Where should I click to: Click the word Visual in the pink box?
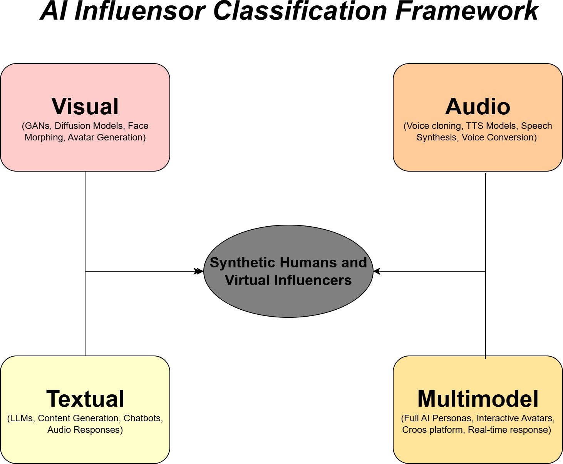click(x=85, y=107)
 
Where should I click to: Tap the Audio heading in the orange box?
click(x=478, y=107)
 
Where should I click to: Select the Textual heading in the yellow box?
click(x=85, y=399)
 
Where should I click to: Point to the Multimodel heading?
click(x=478, y=399)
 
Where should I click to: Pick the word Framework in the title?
click(x=467, y=11)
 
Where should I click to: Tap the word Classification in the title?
click(x=300, y=11)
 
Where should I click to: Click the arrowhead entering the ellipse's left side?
click(x=199, y=271)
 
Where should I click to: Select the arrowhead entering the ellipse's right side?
click(x=377, y=271)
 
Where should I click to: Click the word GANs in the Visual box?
click(x=37, y=126)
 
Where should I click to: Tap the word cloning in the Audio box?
click(x=447, y=126)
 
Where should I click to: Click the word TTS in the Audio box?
click(x=475, y=126)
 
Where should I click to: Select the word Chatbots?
click(x=143, y=419)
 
